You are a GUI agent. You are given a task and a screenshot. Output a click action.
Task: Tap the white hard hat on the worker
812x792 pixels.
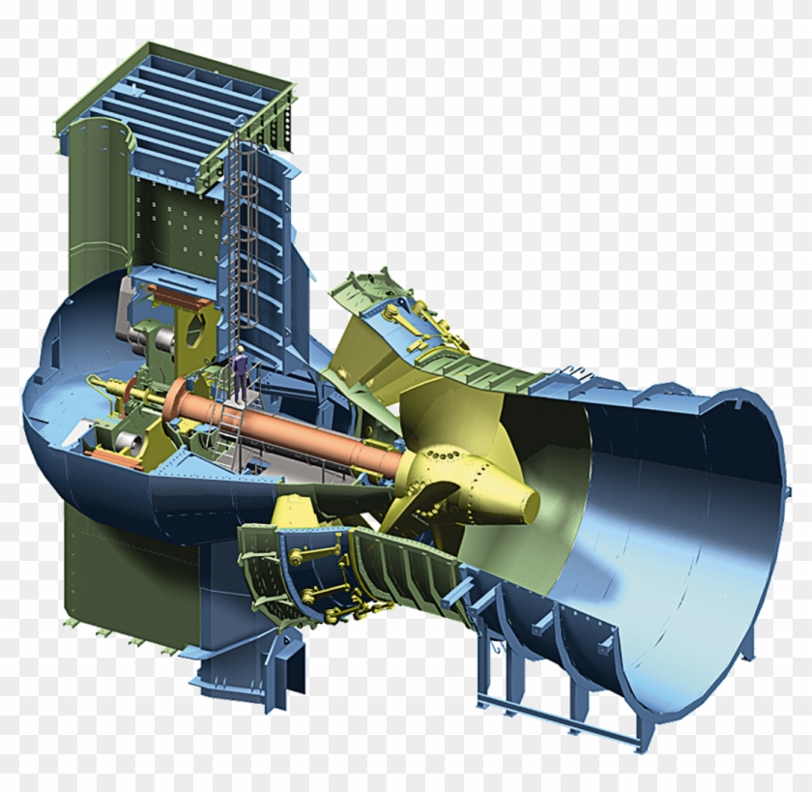coord(239,349)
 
